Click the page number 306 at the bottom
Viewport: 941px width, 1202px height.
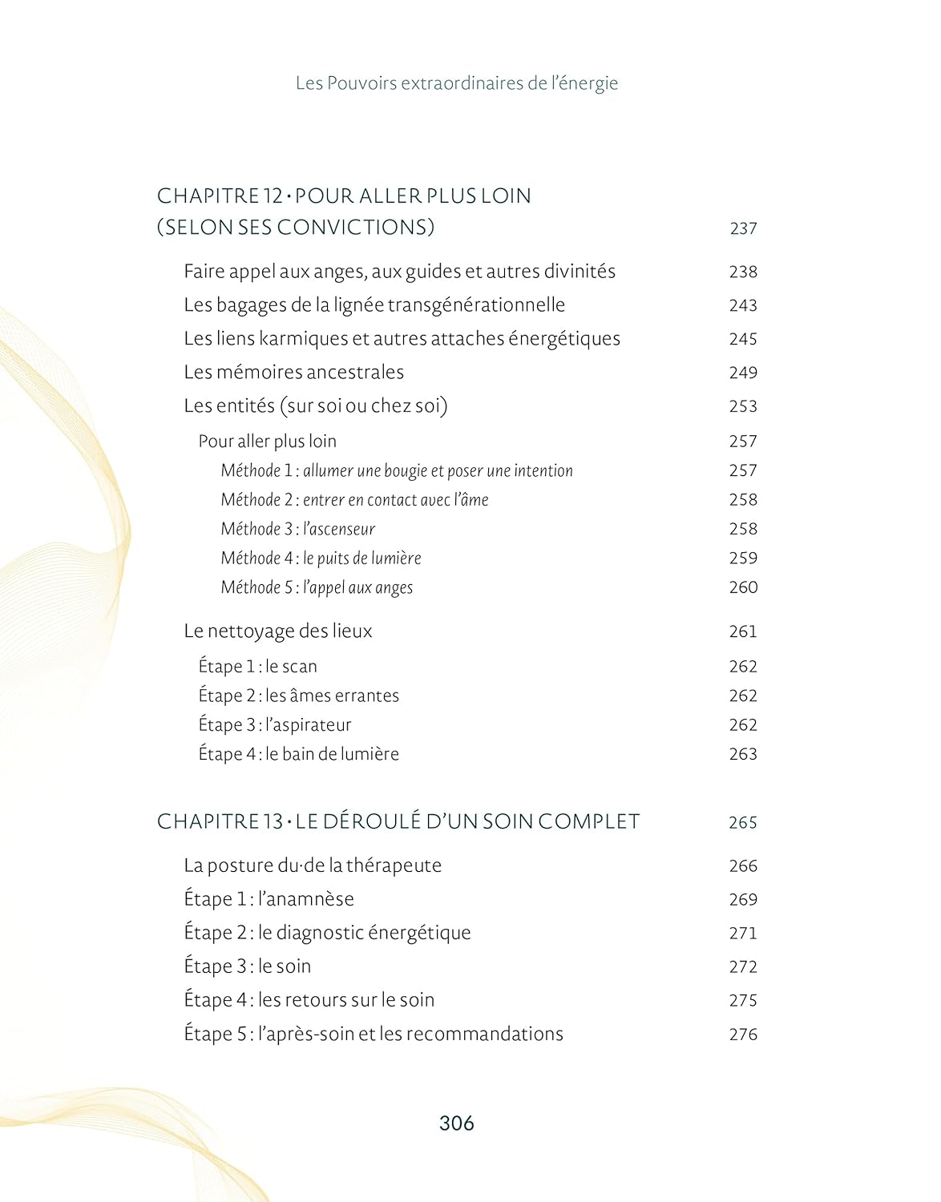point(457,1123)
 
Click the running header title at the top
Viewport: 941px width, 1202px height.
point(457,83)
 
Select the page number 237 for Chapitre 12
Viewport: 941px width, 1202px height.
point(743,228)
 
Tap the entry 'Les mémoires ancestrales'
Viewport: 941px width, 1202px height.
point(293,372)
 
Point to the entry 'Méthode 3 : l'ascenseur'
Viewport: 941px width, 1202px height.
point(298,529)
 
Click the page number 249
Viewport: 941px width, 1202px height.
point(743,373)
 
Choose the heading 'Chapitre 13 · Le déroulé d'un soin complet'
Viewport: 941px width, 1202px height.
point(398,821)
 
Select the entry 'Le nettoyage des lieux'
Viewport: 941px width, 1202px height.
point(278,631)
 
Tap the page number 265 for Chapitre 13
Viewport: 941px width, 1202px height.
point(743,822)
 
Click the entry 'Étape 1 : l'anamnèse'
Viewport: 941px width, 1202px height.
point(269,899)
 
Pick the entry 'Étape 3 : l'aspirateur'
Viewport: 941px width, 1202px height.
point(275,725)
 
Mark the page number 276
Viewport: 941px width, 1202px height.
point(743,1035)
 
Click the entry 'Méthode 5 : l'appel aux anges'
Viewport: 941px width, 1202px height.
point(317,587)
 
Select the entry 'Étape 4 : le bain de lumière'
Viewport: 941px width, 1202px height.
point(298,754)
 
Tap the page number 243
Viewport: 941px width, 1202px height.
point(743,305)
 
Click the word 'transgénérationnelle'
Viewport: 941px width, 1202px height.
point(476,305)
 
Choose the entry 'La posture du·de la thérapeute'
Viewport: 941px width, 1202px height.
point(313,865)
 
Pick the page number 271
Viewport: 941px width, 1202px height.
point(743,934)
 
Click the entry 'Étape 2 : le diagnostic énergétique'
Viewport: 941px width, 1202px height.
point(327,933)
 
